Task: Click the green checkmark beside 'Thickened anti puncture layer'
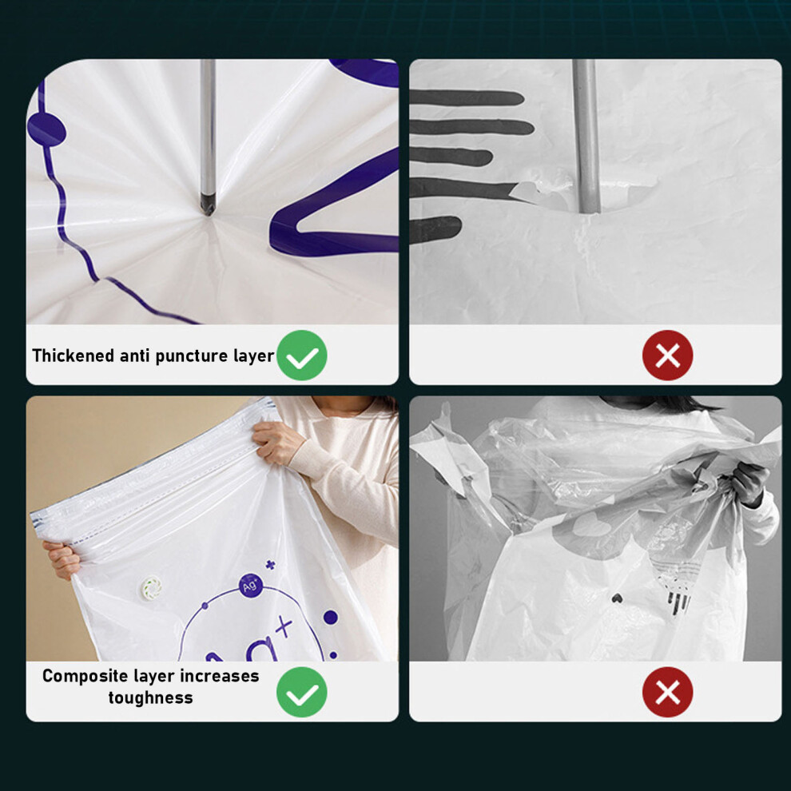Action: pyautogui.click(x=302, y=355)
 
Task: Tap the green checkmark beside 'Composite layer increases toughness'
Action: pyautogui.click(x=302, y=692)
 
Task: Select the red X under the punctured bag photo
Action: pyautogui.click(x=667, y=355)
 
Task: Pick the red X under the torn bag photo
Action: pyautogui.click(x=667, y=692)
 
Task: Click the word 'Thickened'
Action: pyautogui.click(x=74, y=356)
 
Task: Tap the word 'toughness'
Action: pyautogui.click(x=150, y=698)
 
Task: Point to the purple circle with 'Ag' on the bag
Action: pyautogui.click(x=251, y=586)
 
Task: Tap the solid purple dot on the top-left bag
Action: pyautogui.click(x=46, y=129)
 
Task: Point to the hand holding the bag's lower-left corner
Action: pyautogui.click(x=62, y=560)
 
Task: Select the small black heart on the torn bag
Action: pyautogui.click(x=617, y=598)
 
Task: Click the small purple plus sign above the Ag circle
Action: pyautogui.click(x=270, y=565)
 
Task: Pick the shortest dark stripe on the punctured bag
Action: pyautogui.click(x=435, y=229)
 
